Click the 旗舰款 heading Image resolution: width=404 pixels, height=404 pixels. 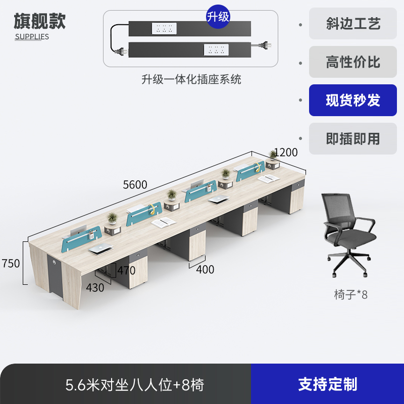tap(39, 21)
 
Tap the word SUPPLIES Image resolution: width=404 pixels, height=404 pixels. tap(32, 36)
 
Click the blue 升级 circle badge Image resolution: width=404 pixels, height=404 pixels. tap(218, 17)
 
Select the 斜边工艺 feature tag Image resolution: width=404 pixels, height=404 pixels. tap(353, 24)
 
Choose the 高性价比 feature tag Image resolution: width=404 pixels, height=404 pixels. tap(353, 62)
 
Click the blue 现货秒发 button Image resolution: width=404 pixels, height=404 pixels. tap(353, 100)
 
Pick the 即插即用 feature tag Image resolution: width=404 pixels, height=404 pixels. tap(353, 138)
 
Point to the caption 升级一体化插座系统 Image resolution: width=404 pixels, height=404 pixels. tap(191, 79)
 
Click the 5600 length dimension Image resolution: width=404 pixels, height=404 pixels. tap(135, 185)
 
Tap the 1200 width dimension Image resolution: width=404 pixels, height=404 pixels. tap(286, 153)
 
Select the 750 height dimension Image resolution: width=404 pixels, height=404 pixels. tap(11, 263)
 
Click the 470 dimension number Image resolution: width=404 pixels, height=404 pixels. tap(126, 270)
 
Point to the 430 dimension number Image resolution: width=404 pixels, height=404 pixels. tap(95, 288)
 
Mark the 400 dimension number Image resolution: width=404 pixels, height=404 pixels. tap(205, 270)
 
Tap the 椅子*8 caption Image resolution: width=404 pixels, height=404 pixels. tap(350, 295)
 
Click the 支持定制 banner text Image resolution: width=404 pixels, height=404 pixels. tap(327, 384)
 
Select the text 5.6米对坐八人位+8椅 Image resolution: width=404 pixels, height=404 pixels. tap(135, 385)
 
